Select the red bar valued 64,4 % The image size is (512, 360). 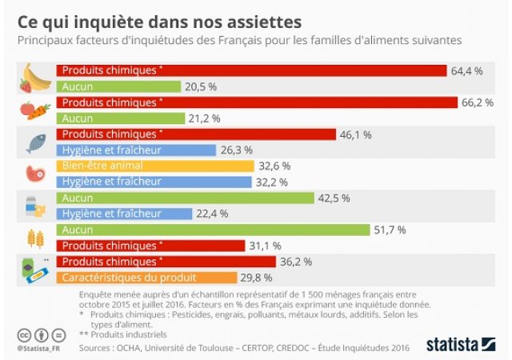tap(251, 70)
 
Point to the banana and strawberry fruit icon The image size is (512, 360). tap(34, 78)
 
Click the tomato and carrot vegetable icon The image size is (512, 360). tap(34, 110)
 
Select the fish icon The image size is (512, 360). tap(35, 142)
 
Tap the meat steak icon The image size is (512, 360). tap(35, 174)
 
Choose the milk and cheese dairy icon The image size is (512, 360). tap(35, 206)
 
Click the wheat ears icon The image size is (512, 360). tap(35, 238)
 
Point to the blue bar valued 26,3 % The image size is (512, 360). tap(136, 150)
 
